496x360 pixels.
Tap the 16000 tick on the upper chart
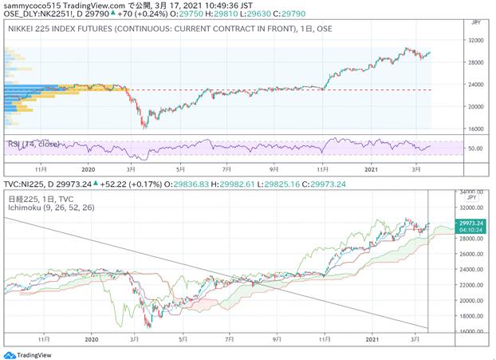[x=476, y=128]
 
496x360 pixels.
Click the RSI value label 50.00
[x=475, y=148]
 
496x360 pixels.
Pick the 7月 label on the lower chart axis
[x=229, y=338]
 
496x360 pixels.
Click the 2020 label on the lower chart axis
[x=89, y=338]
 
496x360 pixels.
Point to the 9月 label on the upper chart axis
[x=275, y=169]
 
